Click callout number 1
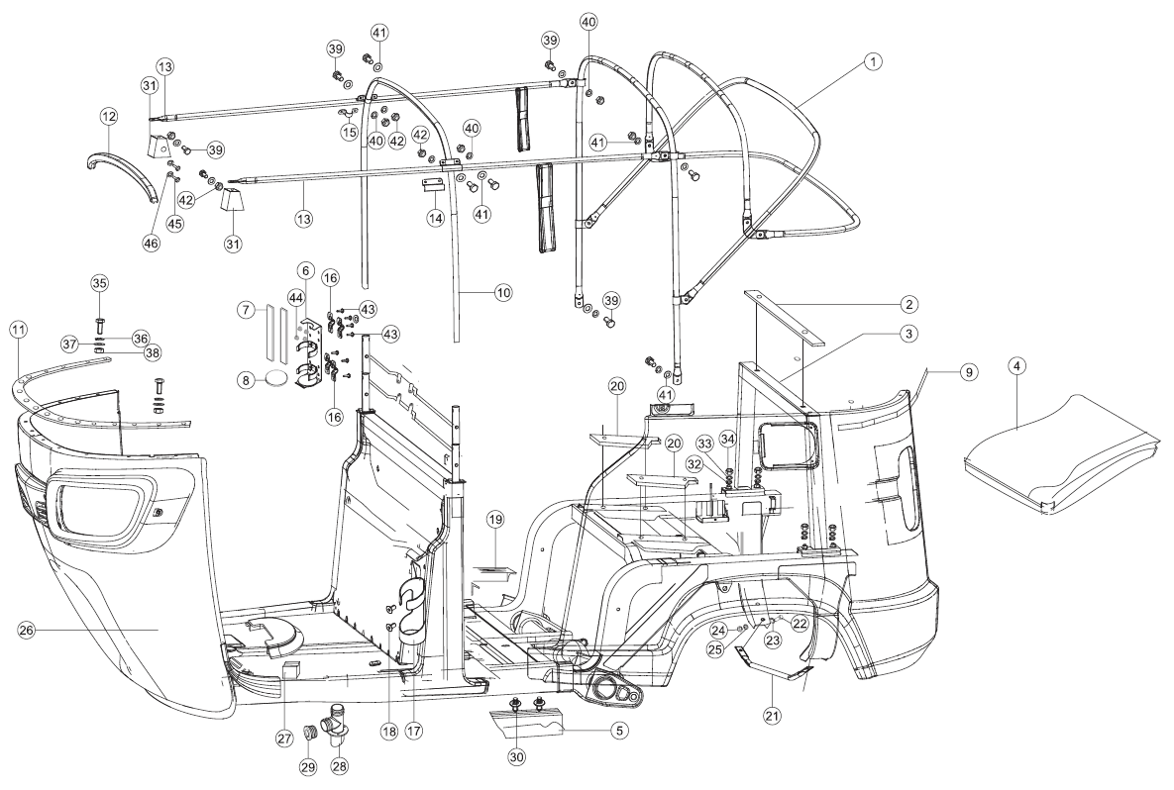click(872, 62)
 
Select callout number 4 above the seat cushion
click(1016, 367)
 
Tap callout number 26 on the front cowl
click(26, 631)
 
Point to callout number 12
click(109, 117)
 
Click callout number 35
click(100, 283)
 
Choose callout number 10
click(503, 292)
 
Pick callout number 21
click(772, 716)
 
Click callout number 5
click(618, 731)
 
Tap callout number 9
click(968, 372)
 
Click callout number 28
click(339, 766)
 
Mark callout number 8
click(245, 381)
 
